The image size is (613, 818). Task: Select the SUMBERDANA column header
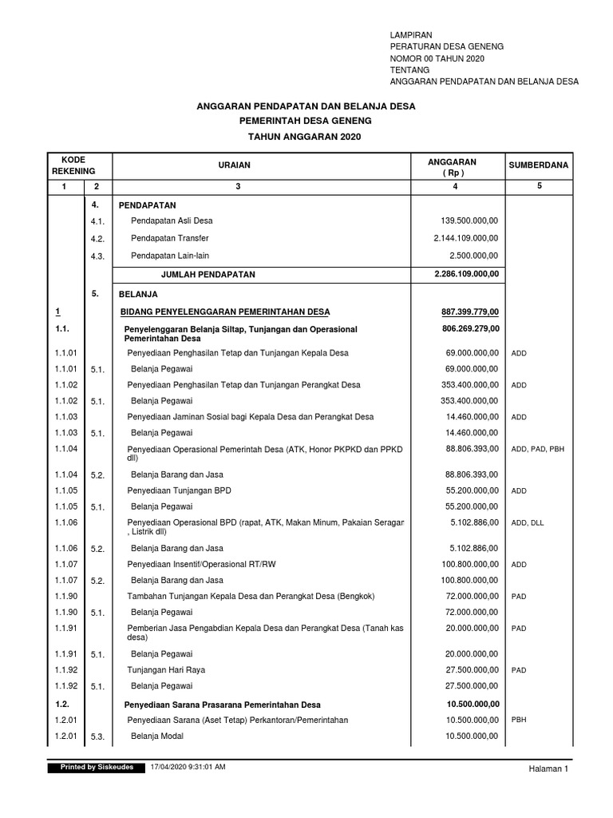[x=538, y=165]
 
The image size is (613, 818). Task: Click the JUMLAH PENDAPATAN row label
[x=208, y=274]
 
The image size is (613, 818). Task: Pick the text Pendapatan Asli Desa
[x=172, y=220]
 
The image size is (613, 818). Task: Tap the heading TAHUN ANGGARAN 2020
[x=306, y=137]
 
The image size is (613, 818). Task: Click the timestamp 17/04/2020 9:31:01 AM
[x=188, y=767]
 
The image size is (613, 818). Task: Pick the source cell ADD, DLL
[x=527, y=522]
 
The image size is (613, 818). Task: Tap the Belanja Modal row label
[x=157, y=737]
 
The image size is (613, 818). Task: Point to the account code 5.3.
[x=97, y=737]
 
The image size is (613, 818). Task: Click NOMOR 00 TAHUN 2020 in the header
[x=436, y=59]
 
